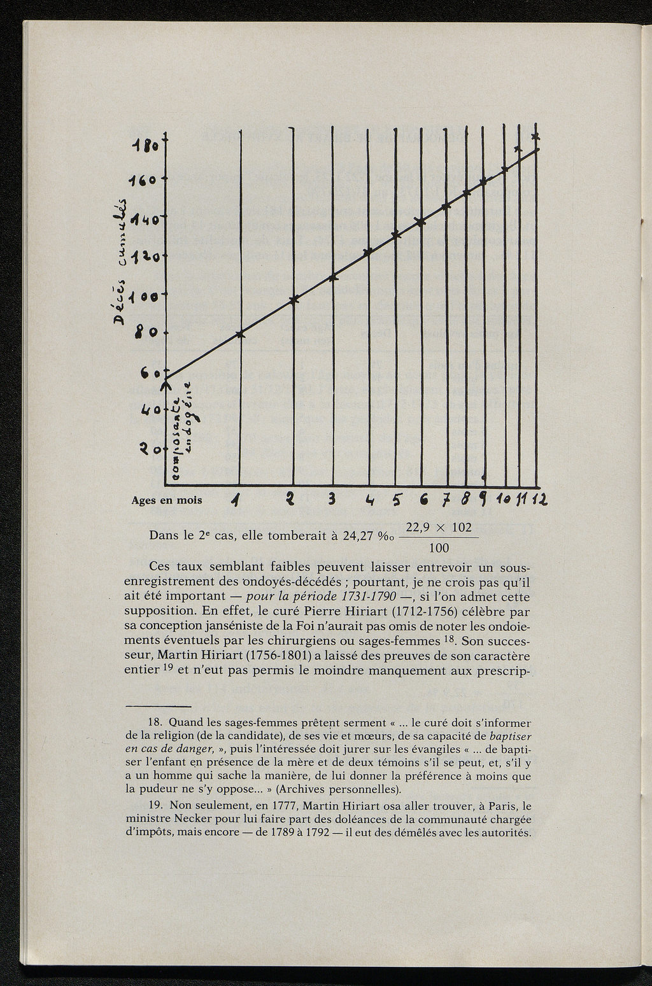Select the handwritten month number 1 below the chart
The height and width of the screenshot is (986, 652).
237,500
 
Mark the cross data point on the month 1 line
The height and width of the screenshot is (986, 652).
240,334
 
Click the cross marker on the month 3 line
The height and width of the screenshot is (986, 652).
333,278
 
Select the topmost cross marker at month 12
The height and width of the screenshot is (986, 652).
535,136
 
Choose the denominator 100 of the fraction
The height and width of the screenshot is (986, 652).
439,548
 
